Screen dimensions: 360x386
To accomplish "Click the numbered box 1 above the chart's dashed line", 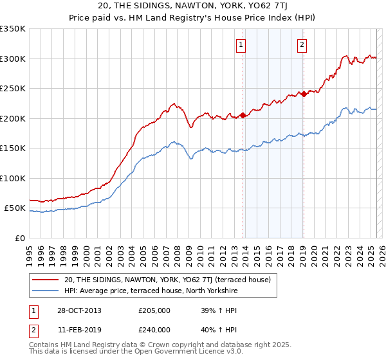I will click(241, 44).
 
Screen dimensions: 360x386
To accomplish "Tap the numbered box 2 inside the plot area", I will click(302, 44).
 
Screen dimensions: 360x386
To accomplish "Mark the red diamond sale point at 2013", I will click(243, 116).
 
